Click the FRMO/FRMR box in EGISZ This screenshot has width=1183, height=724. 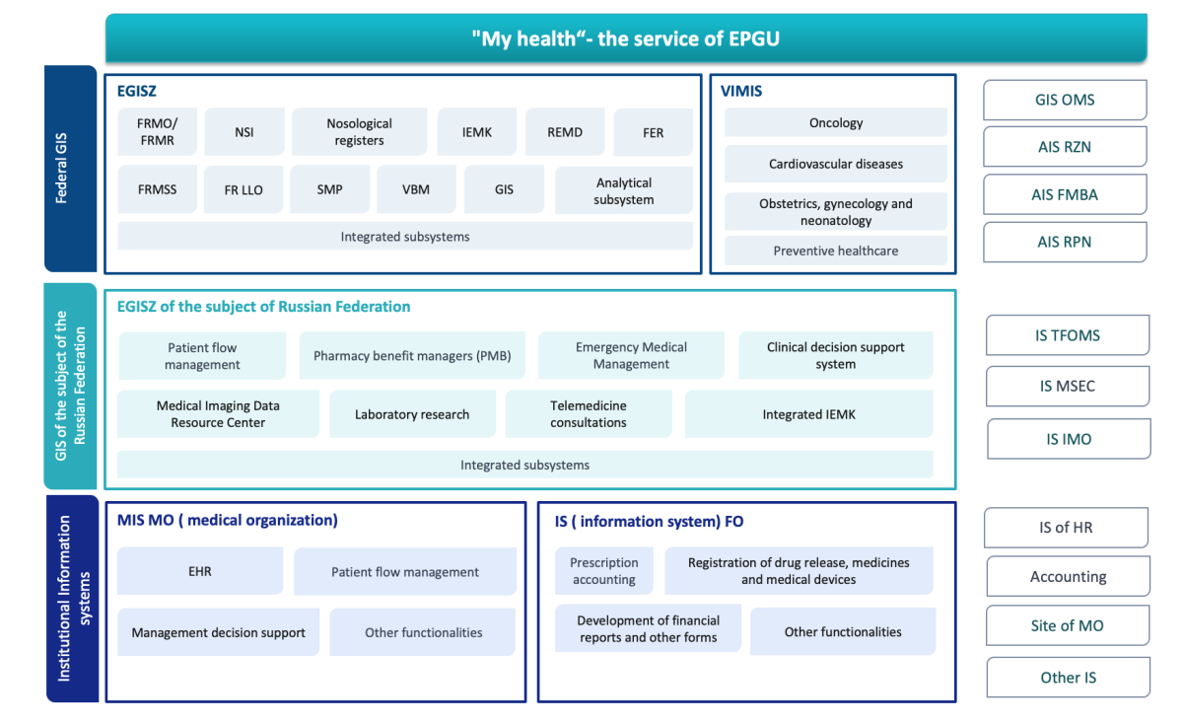pos(157,131)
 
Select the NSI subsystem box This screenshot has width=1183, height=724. pos(244,131)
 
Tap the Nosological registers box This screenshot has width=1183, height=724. pos(359,131)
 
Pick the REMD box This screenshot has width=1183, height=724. pos(565,131)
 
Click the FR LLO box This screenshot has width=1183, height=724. pos(244,189)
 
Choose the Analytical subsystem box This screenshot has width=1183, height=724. pos(624,190)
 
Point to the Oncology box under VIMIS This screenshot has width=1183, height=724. pos(836,122)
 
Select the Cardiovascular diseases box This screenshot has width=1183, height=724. pos(836,164)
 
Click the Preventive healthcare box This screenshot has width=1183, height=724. pos(836,251)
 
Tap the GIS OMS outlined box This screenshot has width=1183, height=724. pos(1065,100)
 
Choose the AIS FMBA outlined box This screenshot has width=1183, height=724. pos(1065,194)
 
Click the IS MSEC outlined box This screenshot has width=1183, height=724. pos(1068,387)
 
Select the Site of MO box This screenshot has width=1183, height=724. pos(1068,625)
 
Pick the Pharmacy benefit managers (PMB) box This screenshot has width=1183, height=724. pos(412,355)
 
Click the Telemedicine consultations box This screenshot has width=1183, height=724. pos(589,414)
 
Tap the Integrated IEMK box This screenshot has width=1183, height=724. pos(808,414)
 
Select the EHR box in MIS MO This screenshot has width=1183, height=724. pos(199,571)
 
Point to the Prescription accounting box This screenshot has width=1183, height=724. pos(603,571)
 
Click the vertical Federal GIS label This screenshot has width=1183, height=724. pos(62,168)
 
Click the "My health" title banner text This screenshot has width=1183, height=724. pos(625,38)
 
